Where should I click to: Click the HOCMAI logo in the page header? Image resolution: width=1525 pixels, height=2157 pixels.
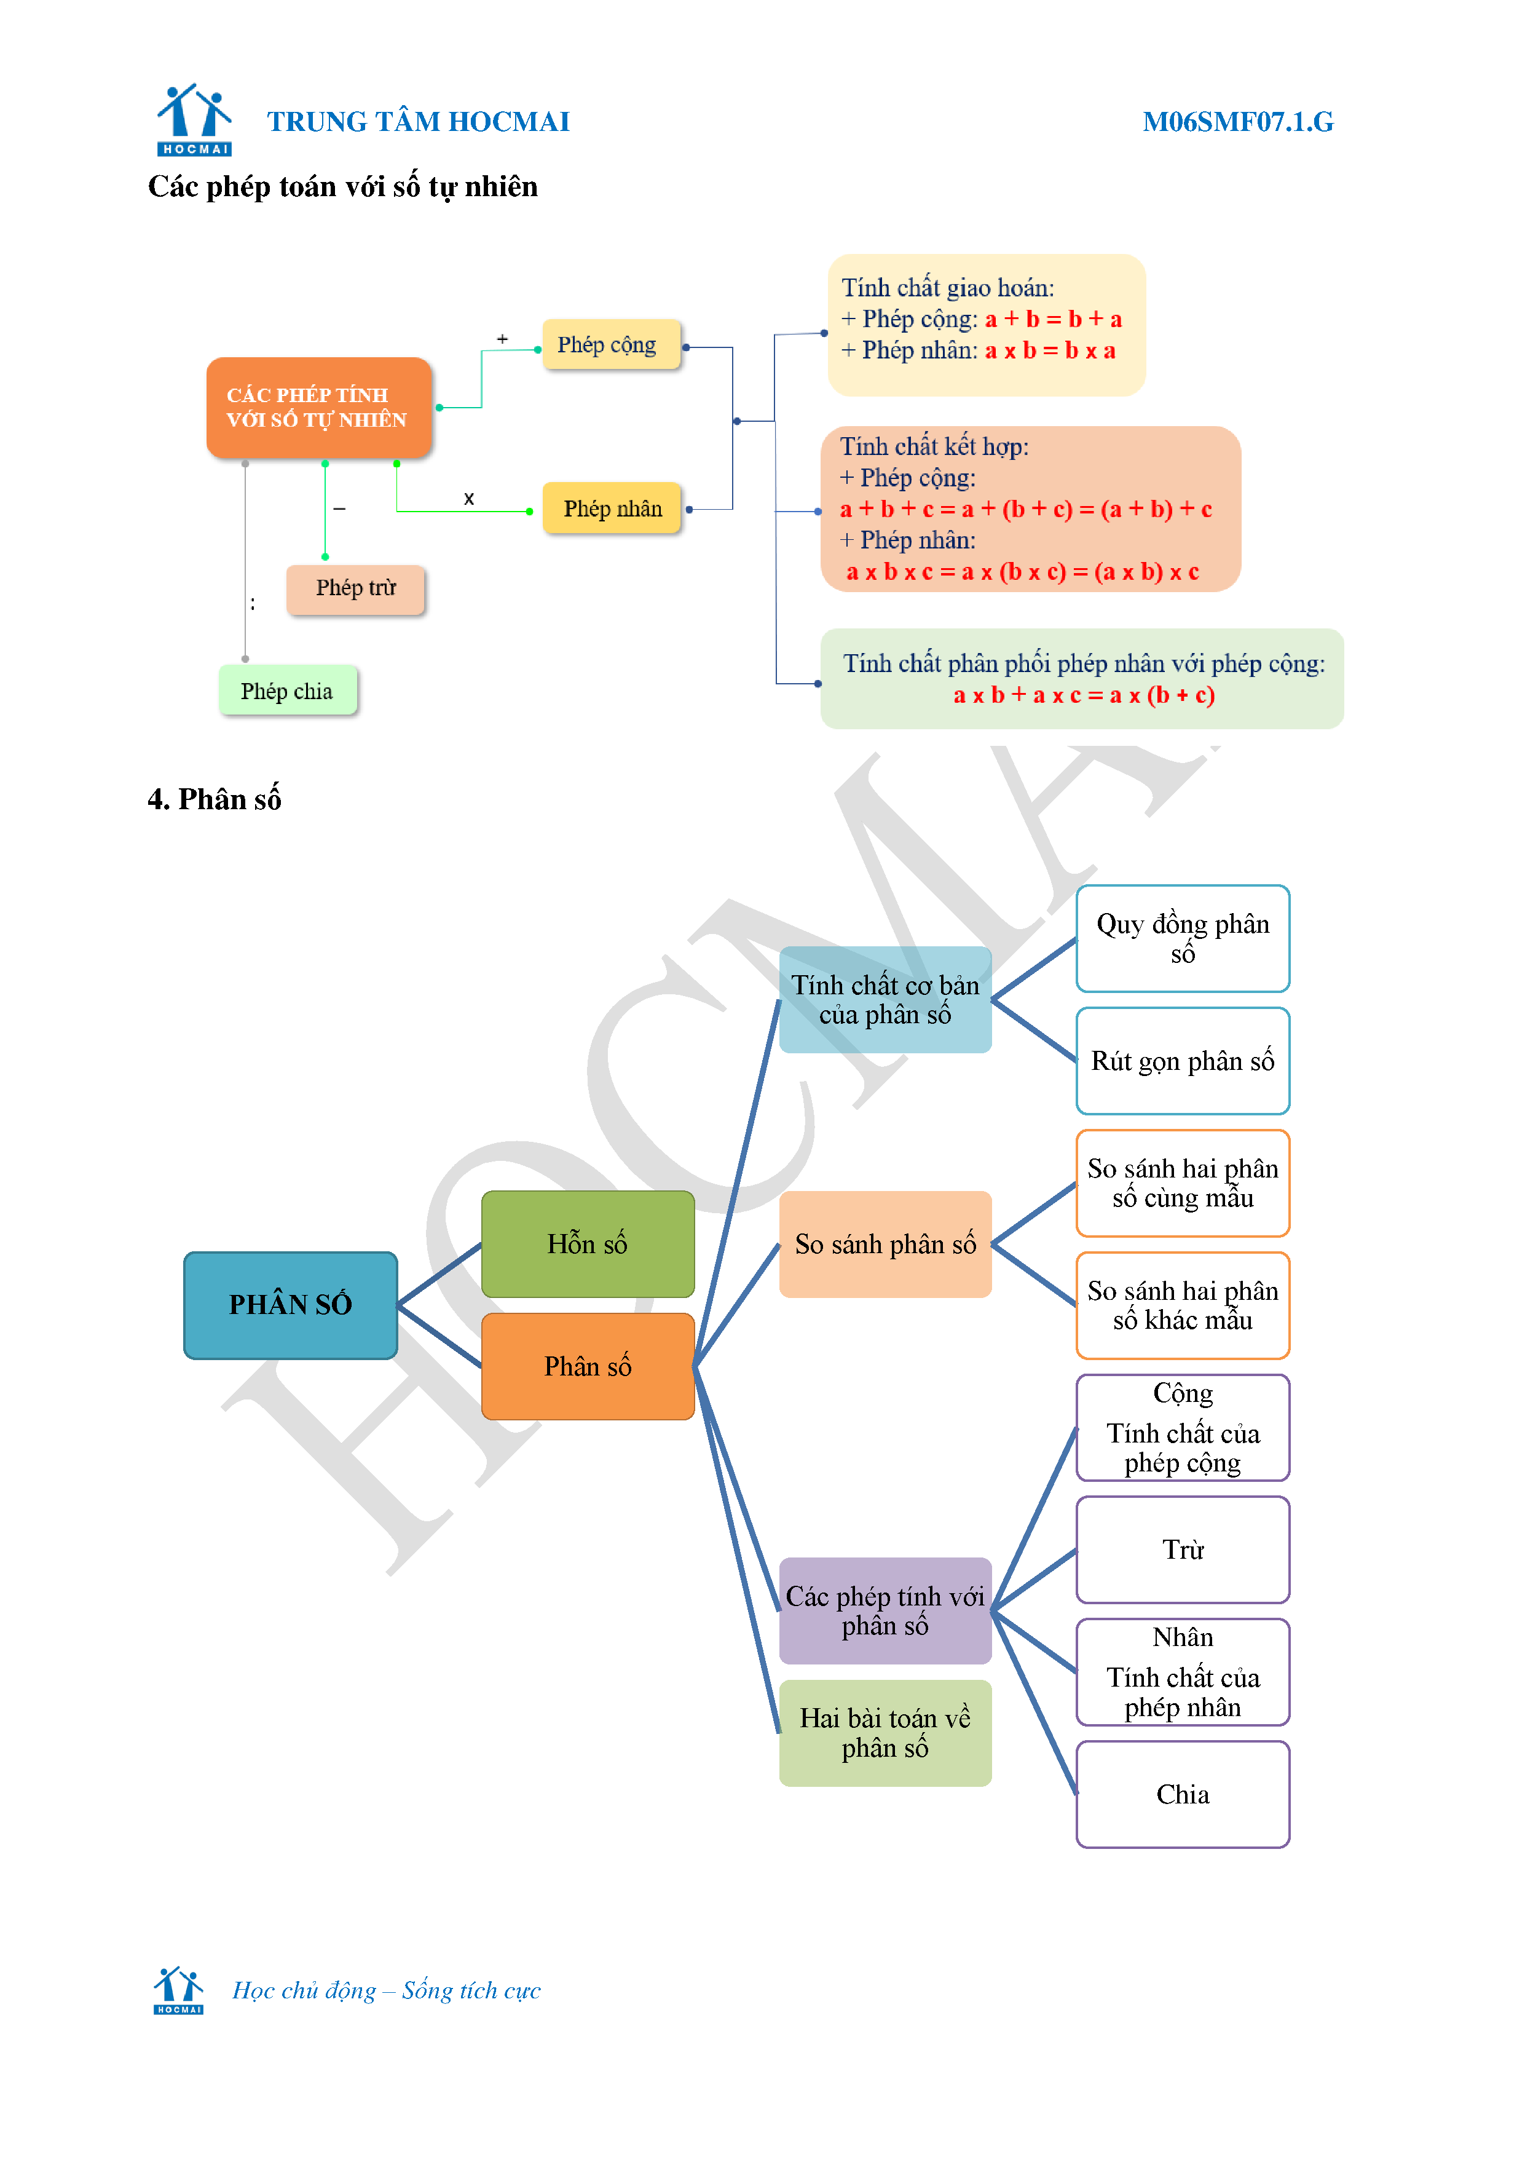pyautogui.click(x=194, y=119)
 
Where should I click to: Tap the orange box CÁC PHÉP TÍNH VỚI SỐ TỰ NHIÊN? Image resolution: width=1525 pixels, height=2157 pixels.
pyautogui.click(x=318, y=408)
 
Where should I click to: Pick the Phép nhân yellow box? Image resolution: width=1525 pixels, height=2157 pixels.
pyautogui.click(x=612, y=509)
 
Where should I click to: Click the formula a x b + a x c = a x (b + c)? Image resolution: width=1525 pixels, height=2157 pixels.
pyautogui.click(x=1084, y=695)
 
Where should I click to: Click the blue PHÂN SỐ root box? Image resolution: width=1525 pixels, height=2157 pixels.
pyautogui.click(x=290, y=1304)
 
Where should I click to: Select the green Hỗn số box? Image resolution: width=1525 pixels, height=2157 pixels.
pyautogui.click(x=587, y=1244)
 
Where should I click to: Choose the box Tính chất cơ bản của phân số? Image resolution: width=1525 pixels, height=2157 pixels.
pyautogui.click(x=885, y=1000)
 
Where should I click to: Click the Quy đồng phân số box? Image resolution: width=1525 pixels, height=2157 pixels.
pyautogui.click(x=1182, y=938)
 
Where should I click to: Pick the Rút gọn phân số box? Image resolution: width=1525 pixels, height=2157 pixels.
pyautogui.click(x=1182, y=1061)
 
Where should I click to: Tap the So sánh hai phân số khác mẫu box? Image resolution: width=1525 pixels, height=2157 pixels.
pyautogui.click(x=1182, y=1305)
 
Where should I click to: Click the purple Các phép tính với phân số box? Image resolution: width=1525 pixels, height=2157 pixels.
pyautogui.click(x=885, y=1610)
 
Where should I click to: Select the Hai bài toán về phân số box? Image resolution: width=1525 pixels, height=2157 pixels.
pyautogui.click(x=885, y=1732)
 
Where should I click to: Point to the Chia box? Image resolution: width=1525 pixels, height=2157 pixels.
pyautogui.click(x=1182, y=1794)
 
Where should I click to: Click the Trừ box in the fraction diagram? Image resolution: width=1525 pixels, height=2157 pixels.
pyautogui.click(x=1182, y=1549)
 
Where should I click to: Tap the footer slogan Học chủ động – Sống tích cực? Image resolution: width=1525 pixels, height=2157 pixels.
pyautogui.click(x=386, y=1990)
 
